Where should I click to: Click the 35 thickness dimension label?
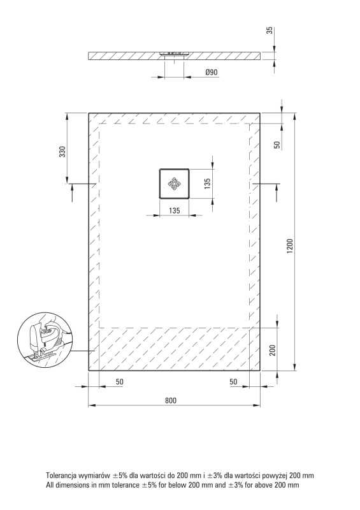[x=270, y=31]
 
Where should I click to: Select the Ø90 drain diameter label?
[x=212, y=72]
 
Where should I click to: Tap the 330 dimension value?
[x=62, y=152]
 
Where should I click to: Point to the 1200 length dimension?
[x=290, y=246]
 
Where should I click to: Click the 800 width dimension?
[x=171, y=400]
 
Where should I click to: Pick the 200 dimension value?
[x=273, y=350]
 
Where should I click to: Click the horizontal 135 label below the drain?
[x=175, y=210]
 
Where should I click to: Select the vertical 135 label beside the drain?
[x=208, y=182]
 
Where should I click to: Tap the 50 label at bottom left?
[x=120, y=381]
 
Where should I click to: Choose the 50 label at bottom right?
[x=233, y=381]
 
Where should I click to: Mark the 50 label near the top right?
[x=277, y=145]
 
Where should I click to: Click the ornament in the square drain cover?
[x=174, y=184]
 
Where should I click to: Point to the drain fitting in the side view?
[x=175, y=54]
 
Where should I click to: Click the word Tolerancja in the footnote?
[x=61, y=476]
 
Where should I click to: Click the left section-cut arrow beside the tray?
[x=72, y=193]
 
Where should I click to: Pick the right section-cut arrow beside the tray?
[x=277, y=193]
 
